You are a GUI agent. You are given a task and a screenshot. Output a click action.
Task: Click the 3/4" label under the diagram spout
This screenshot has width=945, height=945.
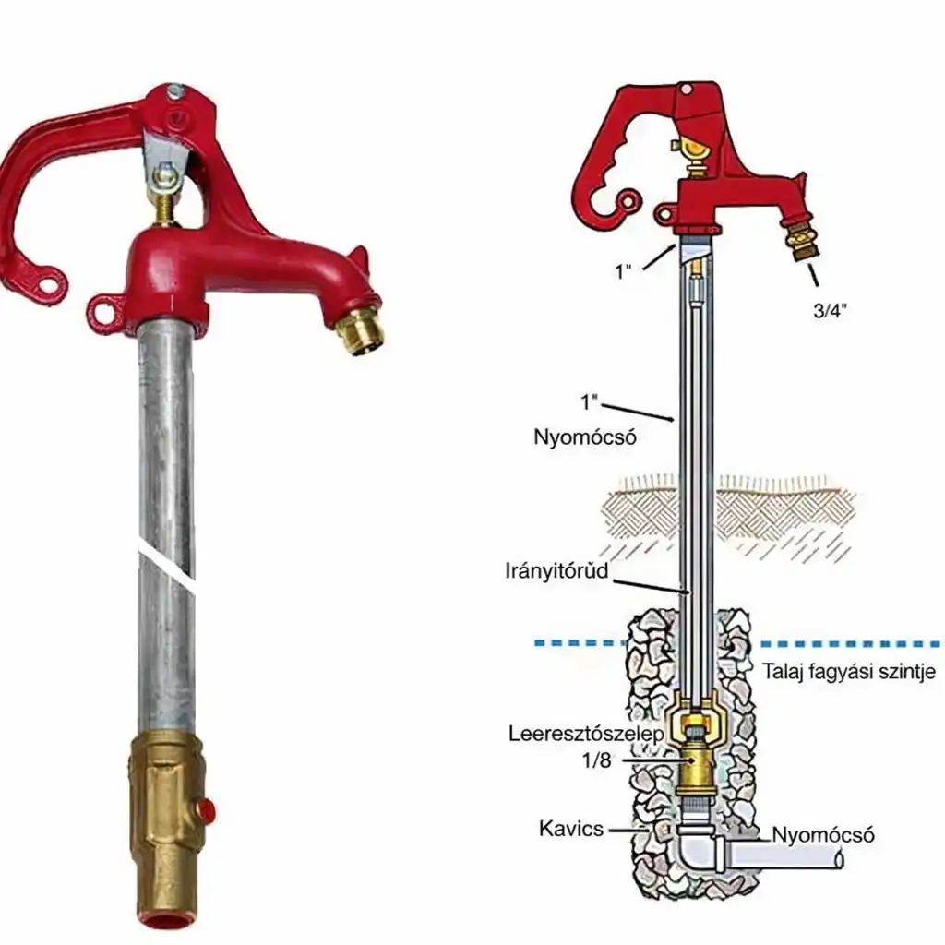click(830, 310)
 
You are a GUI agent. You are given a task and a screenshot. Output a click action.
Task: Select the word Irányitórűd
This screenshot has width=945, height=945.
click(556, 570)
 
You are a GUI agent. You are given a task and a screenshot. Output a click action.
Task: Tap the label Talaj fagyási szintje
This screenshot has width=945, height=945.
click(849, 671)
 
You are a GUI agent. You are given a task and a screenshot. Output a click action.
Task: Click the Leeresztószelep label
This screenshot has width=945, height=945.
click(586, 734)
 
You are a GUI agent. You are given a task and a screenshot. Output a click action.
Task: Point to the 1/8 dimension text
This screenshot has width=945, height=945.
click(597, 760)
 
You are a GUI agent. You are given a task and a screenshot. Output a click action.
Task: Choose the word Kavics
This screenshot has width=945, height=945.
click(570, 828)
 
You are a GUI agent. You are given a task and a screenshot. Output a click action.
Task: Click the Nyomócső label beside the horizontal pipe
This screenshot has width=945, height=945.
click(822, 834)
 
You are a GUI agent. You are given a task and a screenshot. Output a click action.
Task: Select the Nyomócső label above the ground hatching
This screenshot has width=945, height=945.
click(584, 437)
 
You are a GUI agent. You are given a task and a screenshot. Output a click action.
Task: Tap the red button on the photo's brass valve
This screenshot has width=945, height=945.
click(207, 807)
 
